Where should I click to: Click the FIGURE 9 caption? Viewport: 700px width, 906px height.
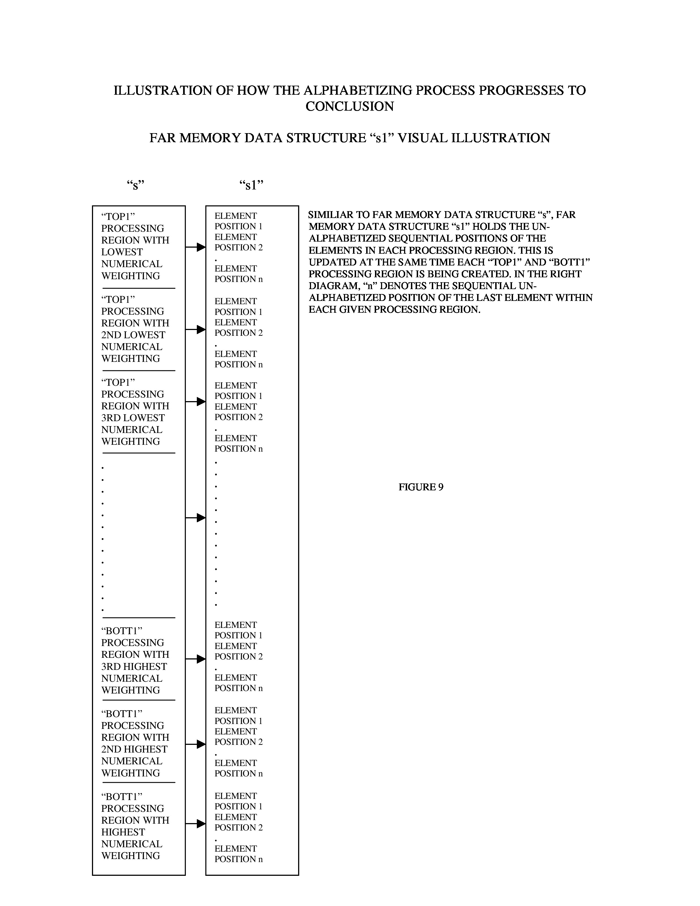point(421,487)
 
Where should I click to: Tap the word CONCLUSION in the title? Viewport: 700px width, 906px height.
point(349,107)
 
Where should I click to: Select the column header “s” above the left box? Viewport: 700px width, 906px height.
point(135,184)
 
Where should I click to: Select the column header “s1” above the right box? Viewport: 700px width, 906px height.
point(251,184)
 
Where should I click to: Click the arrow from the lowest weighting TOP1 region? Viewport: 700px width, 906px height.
point(196,247)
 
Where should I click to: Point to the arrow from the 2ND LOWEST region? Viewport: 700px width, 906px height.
point(196,329)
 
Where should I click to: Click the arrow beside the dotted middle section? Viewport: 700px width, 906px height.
point(196,518)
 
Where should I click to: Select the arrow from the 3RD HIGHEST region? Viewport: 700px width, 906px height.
point(196,659)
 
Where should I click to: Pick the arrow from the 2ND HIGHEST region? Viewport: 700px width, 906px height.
point(196,744)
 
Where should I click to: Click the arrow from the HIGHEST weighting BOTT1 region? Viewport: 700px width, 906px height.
point(196,823)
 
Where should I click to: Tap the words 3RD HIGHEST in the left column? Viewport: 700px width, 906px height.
point(134,667)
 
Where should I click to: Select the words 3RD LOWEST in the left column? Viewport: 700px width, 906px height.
point(133,418)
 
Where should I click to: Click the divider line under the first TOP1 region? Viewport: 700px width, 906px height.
point(139,288)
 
